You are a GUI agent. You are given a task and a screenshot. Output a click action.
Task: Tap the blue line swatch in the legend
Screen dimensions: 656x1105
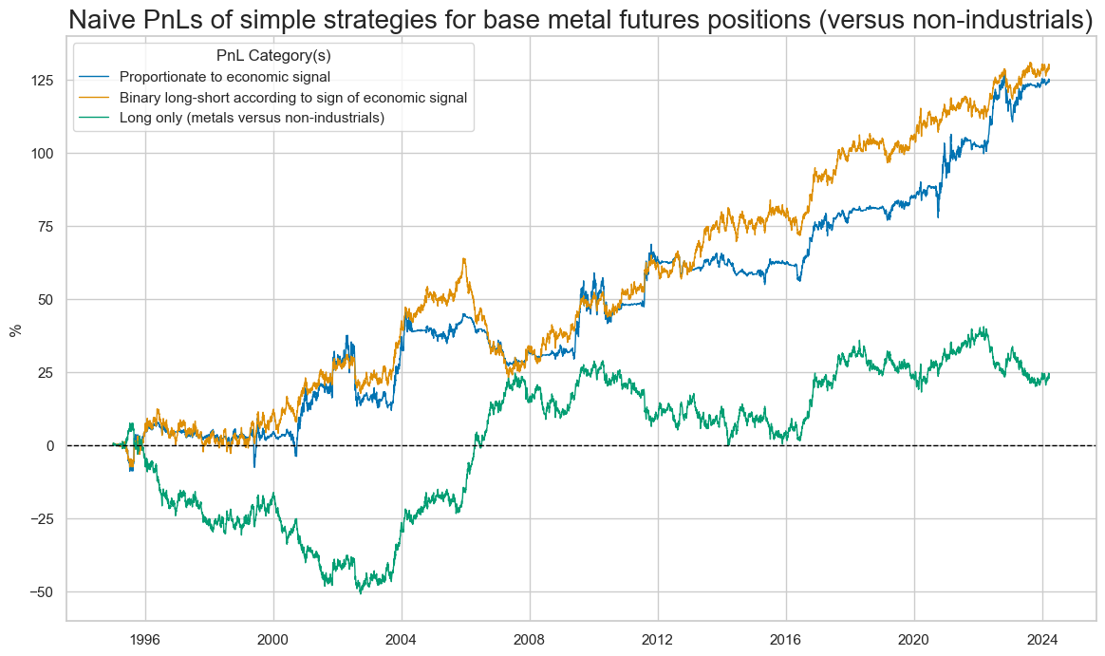(95, 76)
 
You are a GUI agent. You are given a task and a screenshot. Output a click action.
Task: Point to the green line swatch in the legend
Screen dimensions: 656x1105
(95, 118)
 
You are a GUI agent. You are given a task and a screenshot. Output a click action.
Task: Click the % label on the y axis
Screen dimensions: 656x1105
(15, 329)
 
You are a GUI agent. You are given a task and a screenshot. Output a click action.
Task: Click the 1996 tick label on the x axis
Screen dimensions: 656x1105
(145, 638)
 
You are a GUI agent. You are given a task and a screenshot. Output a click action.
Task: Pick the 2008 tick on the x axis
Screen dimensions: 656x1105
(530, 638)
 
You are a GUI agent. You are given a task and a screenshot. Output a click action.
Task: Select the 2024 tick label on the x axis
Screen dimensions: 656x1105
(1042, 638)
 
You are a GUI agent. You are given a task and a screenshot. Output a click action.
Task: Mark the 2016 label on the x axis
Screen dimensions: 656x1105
(786, 638)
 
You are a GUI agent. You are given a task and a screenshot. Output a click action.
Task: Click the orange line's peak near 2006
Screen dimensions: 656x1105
(464, 258)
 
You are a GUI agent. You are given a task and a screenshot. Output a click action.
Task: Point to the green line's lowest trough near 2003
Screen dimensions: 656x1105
(360, 593)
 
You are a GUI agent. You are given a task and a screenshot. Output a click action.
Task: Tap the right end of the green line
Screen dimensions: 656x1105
(1049, 374)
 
